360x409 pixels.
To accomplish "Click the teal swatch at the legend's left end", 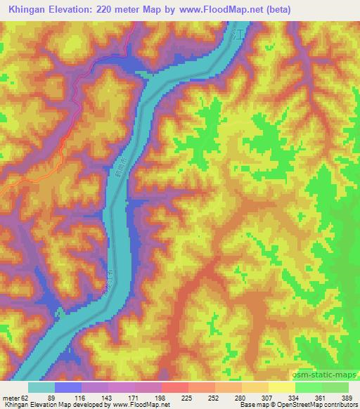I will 41,387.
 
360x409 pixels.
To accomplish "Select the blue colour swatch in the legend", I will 68,387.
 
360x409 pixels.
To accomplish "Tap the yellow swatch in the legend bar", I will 281,387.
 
